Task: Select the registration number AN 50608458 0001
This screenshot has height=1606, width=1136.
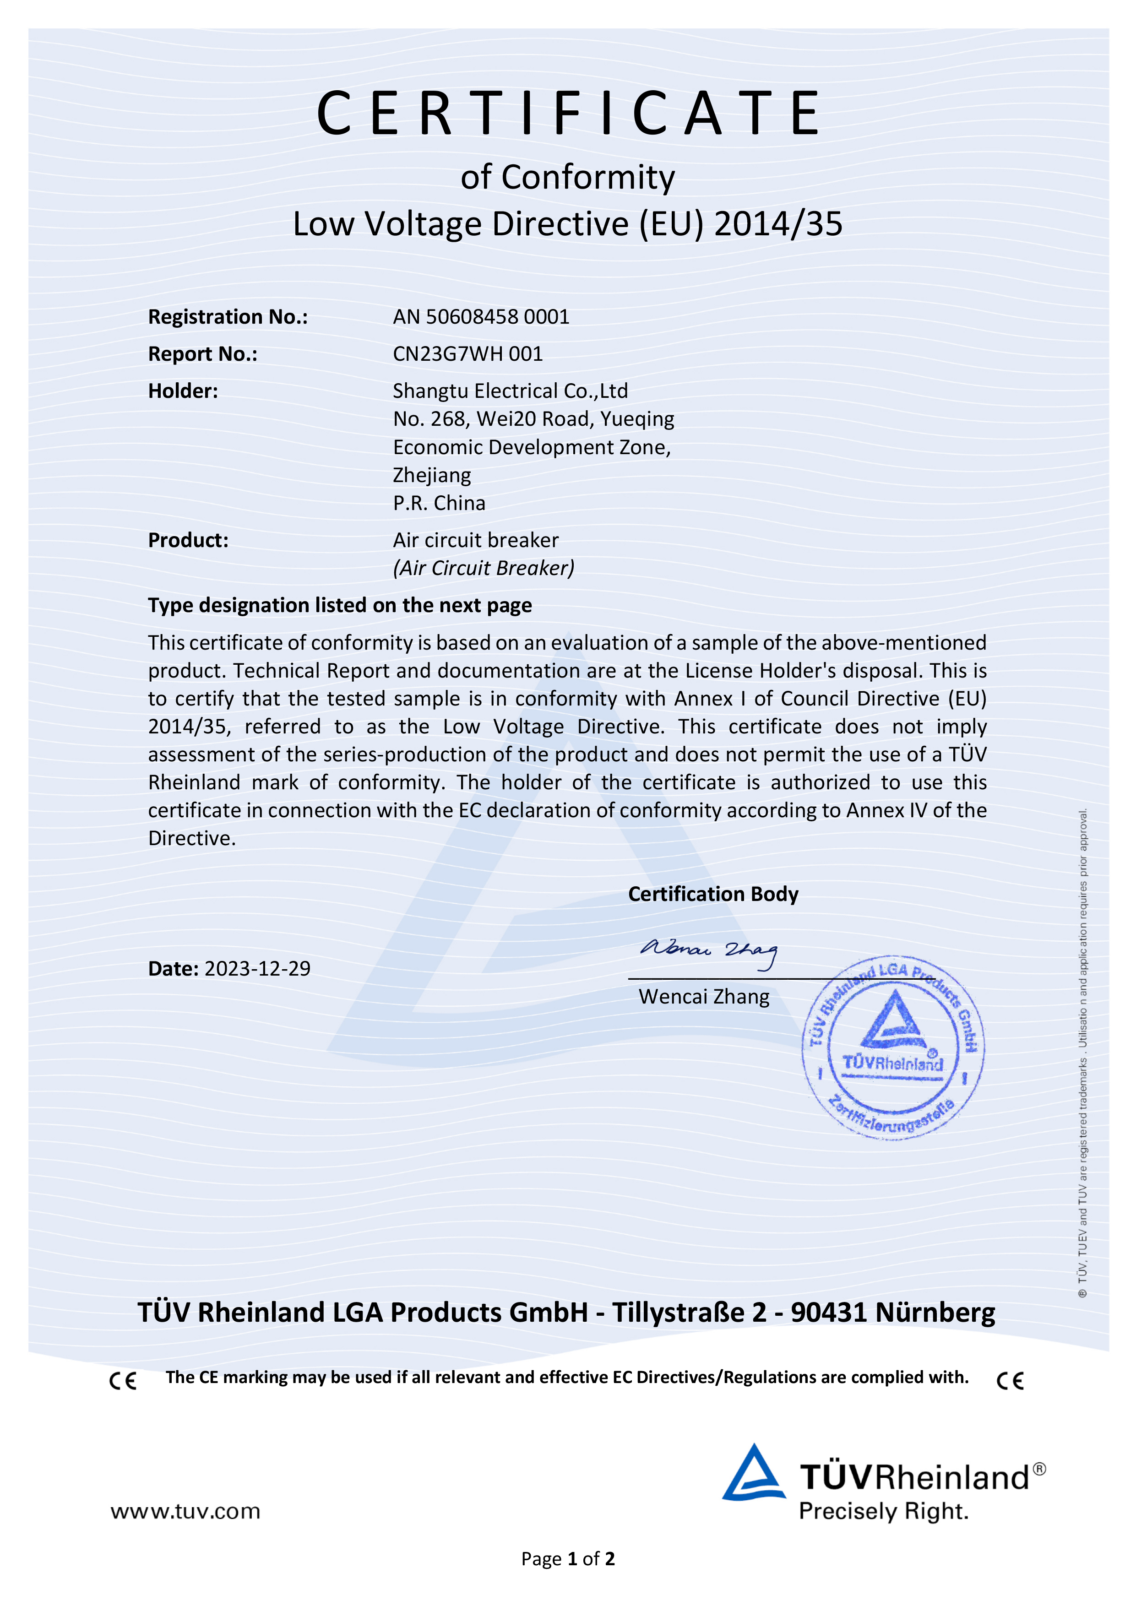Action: point(481,317)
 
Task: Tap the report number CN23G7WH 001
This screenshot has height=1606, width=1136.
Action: point(467,354)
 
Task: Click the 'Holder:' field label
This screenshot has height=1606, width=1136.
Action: point(183,391)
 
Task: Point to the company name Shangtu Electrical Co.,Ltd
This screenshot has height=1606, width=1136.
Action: point(510,391)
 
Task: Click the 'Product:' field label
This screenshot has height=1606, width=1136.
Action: point(188,540)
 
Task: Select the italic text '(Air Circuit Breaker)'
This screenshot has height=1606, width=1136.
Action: point(484,568)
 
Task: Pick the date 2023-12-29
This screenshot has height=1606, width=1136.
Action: point(257,968)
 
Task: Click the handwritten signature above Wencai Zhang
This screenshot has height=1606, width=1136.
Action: point(708,952)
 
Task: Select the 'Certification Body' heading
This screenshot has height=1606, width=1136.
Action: point(713,894)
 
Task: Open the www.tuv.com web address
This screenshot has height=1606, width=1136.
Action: point(185,1512)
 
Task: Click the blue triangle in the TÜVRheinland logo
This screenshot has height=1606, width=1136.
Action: point(753,1474)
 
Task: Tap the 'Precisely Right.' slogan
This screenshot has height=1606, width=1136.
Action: point(883,1512)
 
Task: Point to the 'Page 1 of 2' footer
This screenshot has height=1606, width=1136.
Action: point(567,1559)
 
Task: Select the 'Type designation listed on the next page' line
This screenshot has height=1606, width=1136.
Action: point(339,605)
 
